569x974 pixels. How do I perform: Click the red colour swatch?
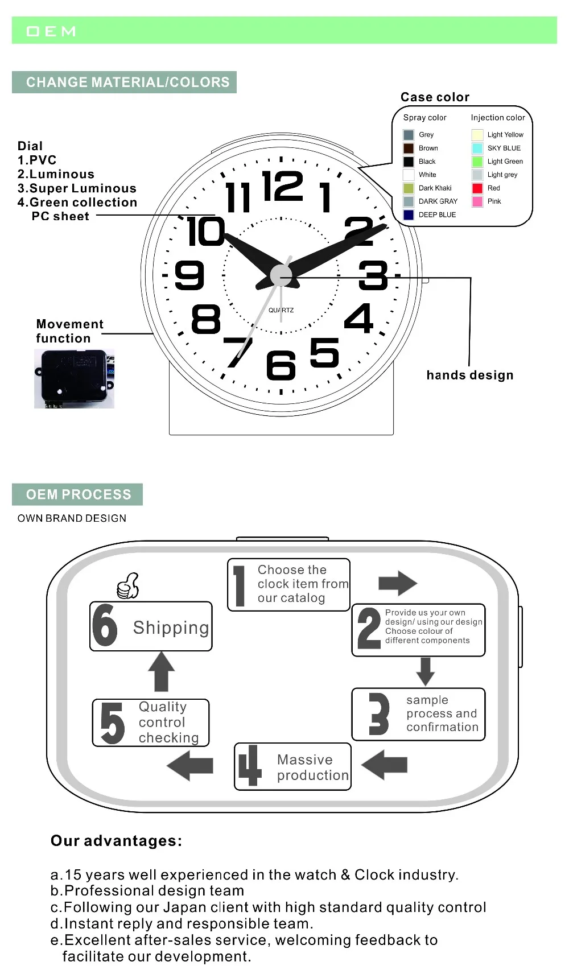pyautogui.click(x=477, y=188)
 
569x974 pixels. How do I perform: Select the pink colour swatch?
pyautogui.click(x=477, y=201)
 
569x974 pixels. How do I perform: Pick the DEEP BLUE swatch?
pyautogui.click(x=409, y=215)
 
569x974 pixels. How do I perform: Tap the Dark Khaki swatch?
pyautogui.click(x=409, y=188)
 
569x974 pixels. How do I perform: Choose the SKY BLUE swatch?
pyautogui.click(x=477, y=148)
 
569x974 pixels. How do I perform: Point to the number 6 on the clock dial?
pyautogui.click(x=281, y=365)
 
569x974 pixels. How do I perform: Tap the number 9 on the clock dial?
pyautogui.click(x=189, y=275)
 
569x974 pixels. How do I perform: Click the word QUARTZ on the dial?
pyautogui.click(x=281, y=310)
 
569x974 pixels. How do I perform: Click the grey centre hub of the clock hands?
pyautogui.click(x=281, y=275)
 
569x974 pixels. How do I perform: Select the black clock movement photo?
pyautogui.click(x=74, y=378)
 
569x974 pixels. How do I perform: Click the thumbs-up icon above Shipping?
pyautogui.click(x=128, y=586)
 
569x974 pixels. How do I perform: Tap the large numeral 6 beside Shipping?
pyautogui.click(x=105, y=625)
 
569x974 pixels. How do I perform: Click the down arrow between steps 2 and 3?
pyautogui.click(x=425, y=671)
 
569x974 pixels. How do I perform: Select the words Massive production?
pyautogui.click(x=312, y=767)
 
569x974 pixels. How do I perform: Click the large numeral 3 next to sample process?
pyautogui.click(x=378, y=713)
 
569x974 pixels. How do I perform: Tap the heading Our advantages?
pyautogui.click(x=116, y=841)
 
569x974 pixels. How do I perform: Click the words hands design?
pyautogui.click(x=469, y=375)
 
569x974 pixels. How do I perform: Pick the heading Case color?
pyautogui.click(x=435, y=97)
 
